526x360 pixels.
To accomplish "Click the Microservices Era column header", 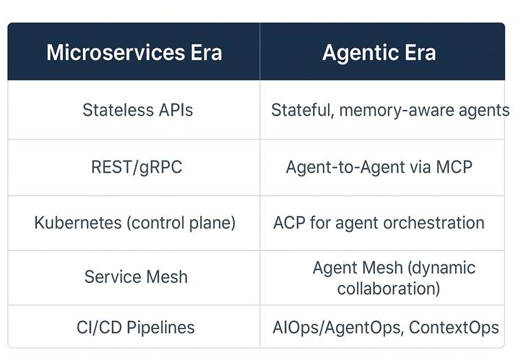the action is click(x=134, y=53).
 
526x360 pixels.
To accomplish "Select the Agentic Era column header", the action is click(x=379, y=53).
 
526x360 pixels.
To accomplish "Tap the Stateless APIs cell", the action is click(x=137, y=110).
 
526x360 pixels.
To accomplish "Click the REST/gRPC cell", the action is click(x=137, y=167).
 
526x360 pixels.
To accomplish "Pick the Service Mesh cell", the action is click(x=136, y=277).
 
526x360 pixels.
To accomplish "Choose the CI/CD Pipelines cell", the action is click(x=136, y=327).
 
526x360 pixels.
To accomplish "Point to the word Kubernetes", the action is click(x=78, y=223).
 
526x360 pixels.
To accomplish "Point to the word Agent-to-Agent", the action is click(x=345, y=167).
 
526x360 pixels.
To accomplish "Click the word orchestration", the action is click(x=434, y=223).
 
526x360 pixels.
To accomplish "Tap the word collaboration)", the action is click(x=389, y=288).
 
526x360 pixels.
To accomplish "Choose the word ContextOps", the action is click(x=454, y=327).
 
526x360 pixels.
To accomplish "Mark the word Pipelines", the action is click(x=160, y=327).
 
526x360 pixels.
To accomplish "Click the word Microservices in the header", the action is click(x=116, y=53).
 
